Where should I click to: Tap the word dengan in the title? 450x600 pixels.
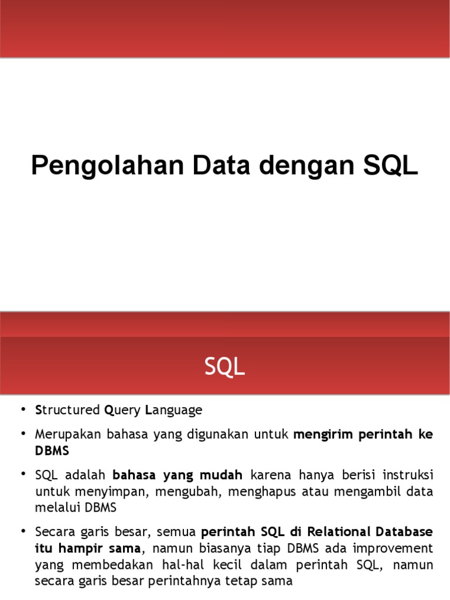(x=304, y=166)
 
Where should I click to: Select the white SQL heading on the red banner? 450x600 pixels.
(x=225, y=367)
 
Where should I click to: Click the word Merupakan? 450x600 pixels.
(x=64, y=434)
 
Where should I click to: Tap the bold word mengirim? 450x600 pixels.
(x=322, y=434)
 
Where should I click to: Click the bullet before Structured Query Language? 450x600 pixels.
(x=23, y=410)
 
